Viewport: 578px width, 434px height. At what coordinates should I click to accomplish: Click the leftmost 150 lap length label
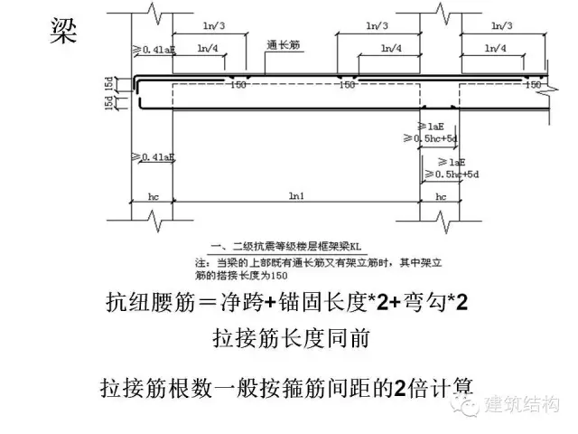[x=239, y=85]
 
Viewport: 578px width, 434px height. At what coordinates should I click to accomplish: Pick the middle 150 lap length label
[x=346, y=85]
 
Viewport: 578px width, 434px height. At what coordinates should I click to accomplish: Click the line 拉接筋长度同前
[x=288, y=340]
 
